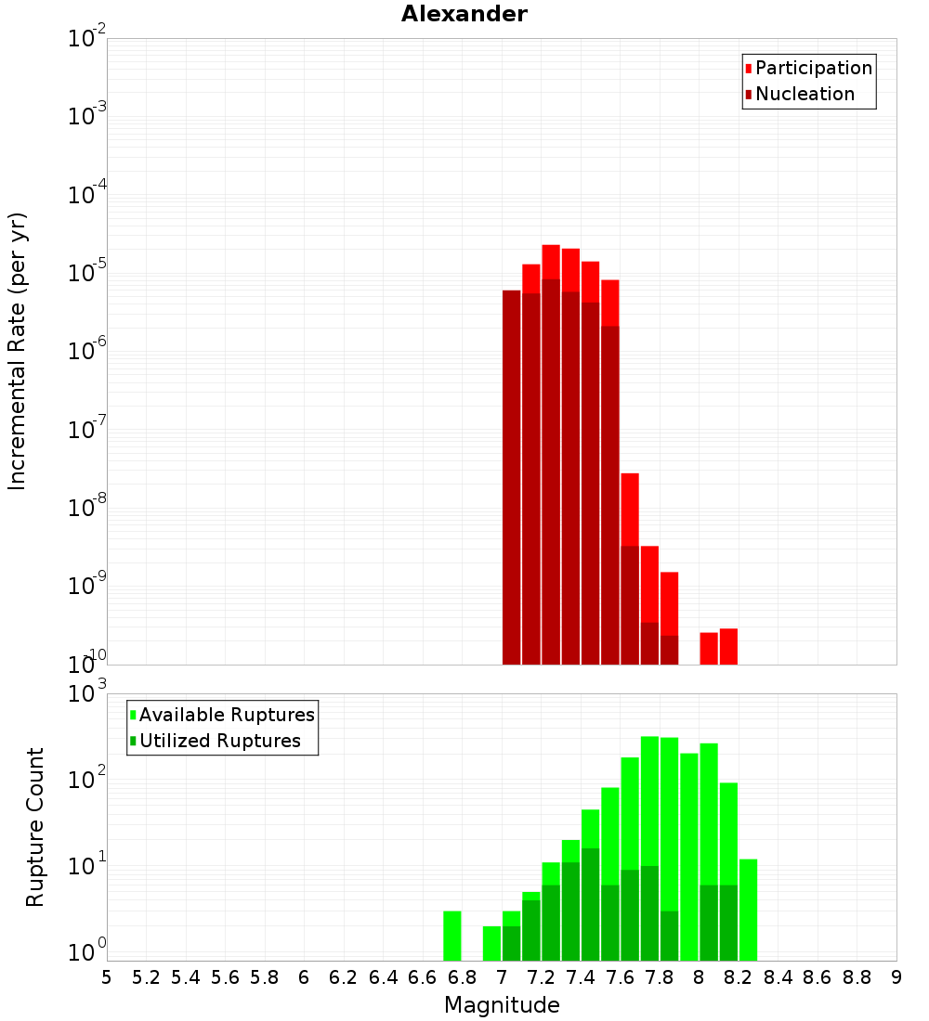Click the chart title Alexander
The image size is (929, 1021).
point(464,14)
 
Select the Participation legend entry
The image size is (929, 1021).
point(814,68)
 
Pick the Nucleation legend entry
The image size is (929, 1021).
point(805,94)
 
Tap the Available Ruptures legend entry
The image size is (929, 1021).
point(227,715)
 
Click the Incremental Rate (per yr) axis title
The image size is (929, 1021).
point(17,351)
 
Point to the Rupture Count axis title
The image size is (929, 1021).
point(35,827)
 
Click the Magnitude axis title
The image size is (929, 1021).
point(502,1005)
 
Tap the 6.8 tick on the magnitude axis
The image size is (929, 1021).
point(462,977)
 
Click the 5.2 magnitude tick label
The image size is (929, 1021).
point(146,977)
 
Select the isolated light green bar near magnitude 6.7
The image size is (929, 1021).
point(452,936)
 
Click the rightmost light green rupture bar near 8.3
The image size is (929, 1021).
point(748,910)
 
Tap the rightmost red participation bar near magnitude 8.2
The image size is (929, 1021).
point(728,647)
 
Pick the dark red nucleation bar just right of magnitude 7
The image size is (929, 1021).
point(511,477)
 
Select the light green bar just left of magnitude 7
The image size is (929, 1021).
point(491,943)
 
